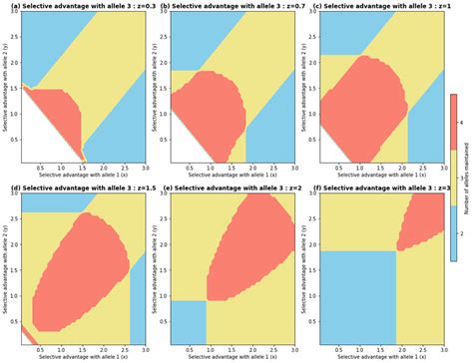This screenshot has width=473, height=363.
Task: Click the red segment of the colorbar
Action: click(x=454, y=121)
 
